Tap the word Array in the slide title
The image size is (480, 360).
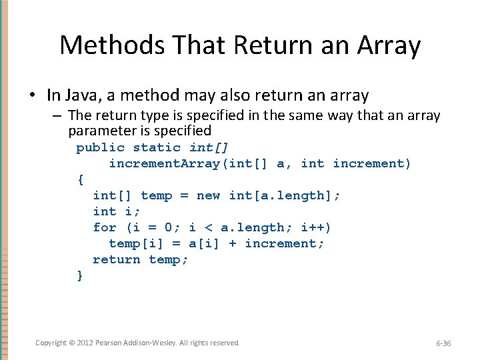coord(388,45)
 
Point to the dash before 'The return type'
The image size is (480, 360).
coord(58,116)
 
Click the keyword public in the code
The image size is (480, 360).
coord(100,147)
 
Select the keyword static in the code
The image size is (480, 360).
coord(157,147)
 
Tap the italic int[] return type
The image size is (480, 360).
coord(209,147)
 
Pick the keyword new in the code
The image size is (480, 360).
coord(209,195)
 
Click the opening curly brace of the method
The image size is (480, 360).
coord(81,179)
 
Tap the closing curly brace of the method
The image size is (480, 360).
coord(81,275)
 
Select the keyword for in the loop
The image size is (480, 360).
coord(105,227)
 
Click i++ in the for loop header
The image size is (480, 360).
coord(315,227)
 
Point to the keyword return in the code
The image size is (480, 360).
coord(117,259)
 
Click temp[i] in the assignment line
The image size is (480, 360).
coord(132,243)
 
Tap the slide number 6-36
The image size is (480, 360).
coord(443,343)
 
